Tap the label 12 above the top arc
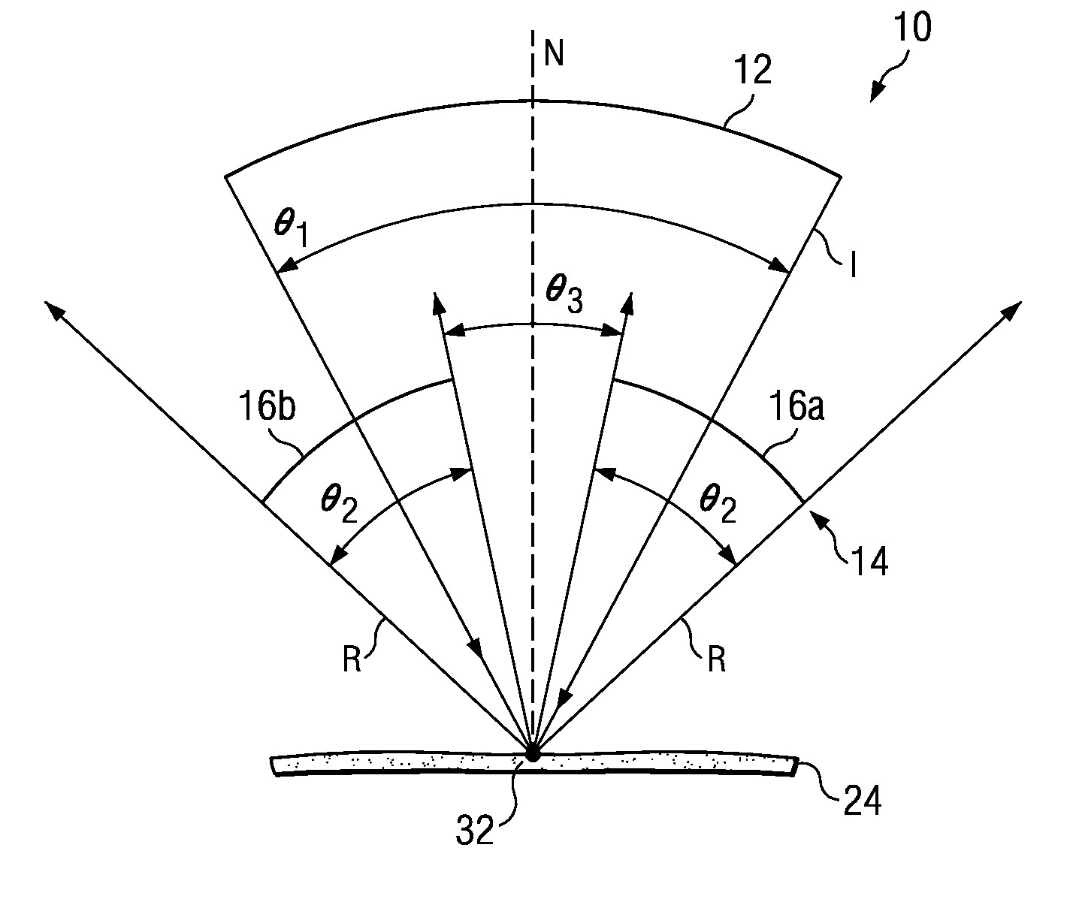tap(753, 72)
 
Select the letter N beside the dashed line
tap(555, 55)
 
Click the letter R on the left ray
tap(352, 662)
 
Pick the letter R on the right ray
tap(717, 662)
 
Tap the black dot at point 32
tap(533, 754)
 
